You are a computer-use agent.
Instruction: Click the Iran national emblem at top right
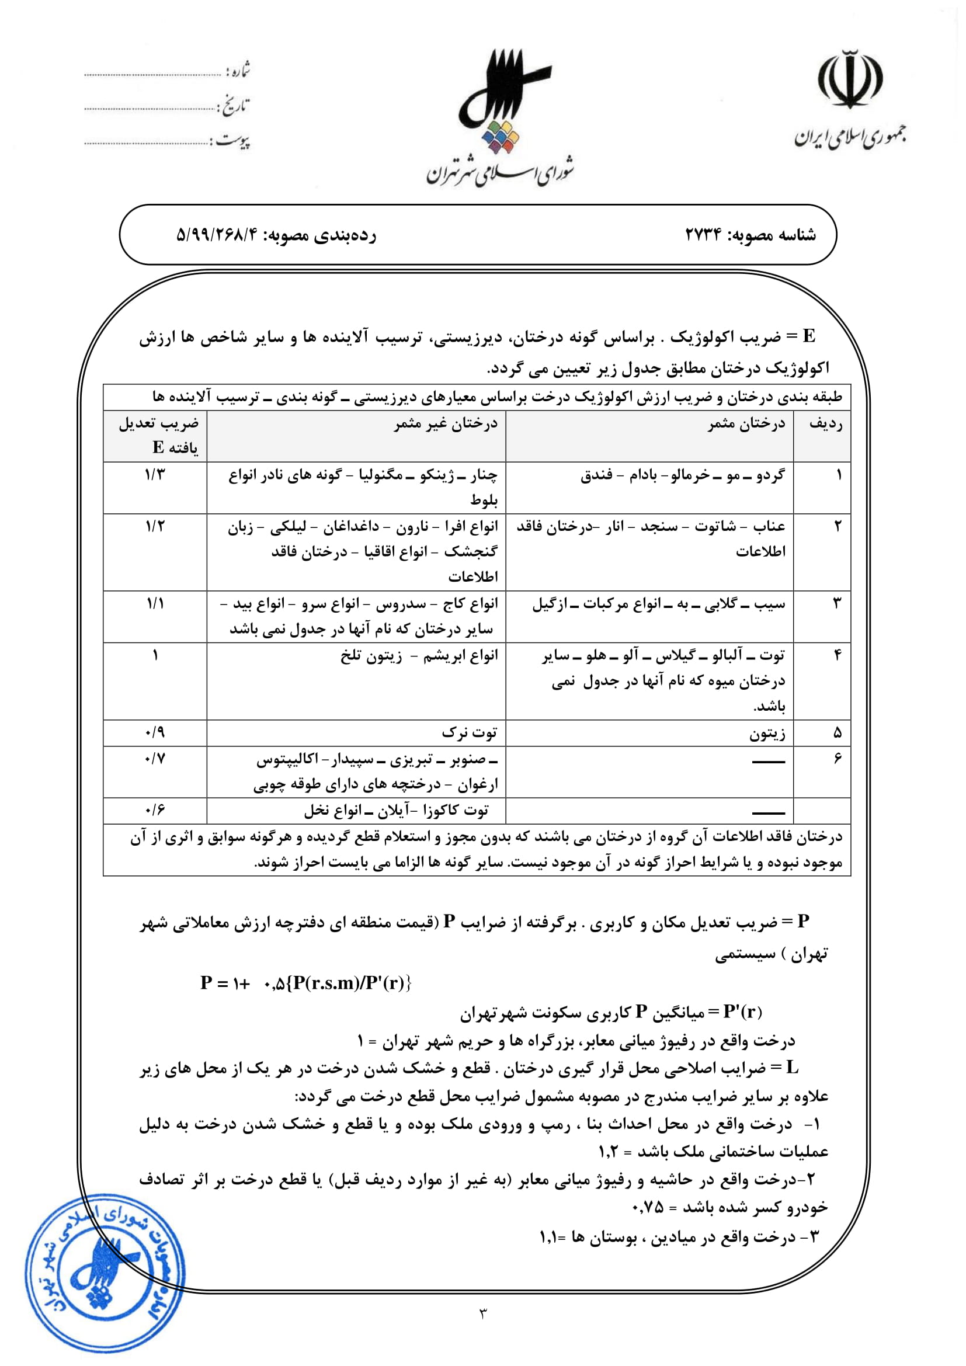850,80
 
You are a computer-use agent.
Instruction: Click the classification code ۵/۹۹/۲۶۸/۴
218,235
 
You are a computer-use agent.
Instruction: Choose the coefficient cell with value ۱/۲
155,527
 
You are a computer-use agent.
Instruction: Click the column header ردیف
826,424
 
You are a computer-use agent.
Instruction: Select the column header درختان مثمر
746,424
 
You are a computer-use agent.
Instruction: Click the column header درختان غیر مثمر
446,424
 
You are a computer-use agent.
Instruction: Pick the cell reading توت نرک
470,733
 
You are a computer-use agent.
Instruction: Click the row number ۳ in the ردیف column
838,603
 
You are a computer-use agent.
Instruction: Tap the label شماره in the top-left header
238,72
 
